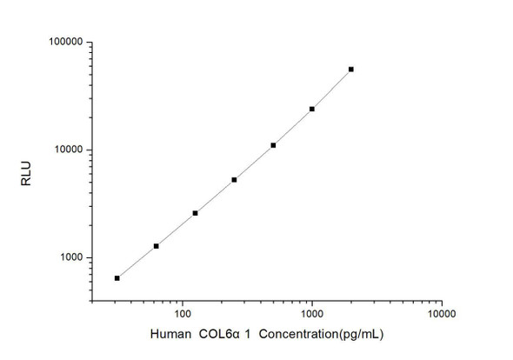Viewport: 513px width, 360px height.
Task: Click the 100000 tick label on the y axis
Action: point(63,42)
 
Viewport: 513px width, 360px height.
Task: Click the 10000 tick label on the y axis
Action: point(66,150)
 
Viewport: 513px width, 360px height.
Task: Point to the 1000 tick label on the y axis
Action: point(69,258)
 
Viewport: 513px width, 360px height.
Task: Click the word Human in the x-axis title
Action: point(171,334)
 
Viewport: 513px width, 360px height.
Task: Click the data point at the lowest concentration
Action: point(117,278)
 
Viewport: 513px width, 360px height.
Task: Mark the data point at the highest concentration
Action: point(351,69)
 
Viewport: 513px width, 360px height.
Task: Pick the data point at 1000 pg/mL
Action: point(312,109)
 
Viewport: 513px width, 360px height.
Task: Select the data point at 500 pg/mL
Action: point(273,145)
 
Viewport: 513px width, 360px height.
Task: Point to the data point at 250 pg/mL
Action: point(235,180)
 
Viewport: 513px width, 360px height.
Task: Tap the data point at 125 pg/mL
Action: point(196,213)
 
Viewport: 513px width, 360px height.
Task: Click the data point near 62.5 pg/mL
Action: point(157,246)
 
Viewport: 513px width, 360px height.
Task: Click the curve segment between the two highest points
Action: point(332,89)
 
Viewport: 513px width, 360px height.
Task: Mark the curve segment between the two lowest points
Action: point(137,263)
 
